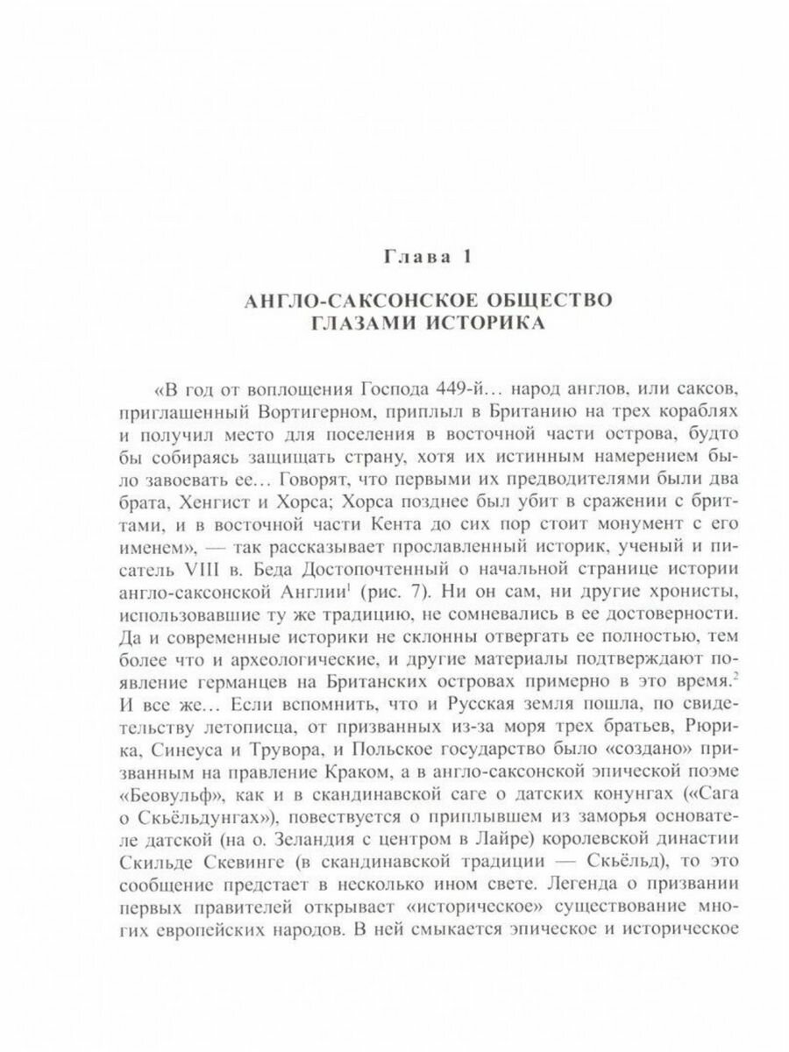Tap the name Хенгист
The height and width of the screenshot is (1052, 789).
[x=210, y=503]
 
